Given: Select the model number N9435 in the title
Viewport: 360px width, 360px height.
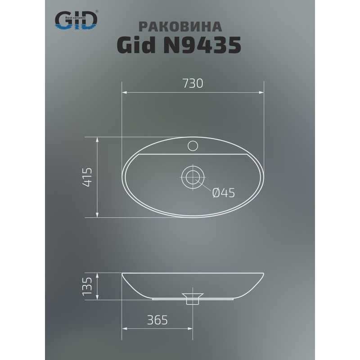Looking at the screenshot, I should tap(202, 45).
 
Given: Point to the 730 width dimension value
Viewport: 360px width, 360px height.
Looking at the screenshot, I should tap(193, 84).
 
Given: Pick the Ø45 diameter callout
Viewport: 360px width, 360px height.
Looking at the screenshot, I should tap(223, 193).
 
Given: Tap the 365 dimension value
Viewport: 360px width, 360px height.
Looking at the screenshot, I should tap(157, 320).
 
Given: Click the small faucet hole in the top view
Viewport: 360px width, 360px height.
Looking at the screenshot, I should tap(193, 145).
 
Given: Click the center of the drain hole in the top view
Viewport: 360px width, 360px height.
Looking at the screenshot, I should tap(193, 176).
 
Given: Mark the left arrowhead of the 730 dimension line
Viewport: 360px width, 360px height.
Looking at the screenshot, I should tap(125, 93).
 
